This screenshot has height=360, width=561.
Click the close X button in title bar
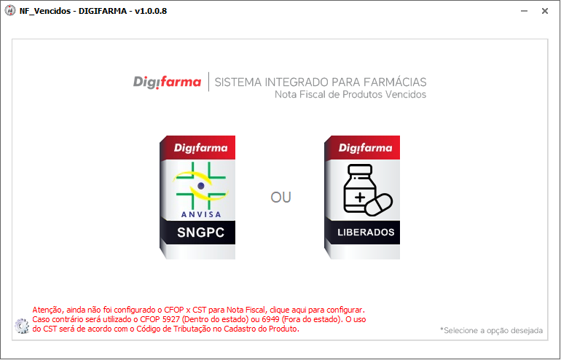click(x=544, y=11)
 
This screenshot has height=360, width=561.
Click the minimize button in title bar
click(x=524, y=11)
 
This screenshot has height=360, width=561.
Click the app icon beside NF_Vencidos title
click(x=10, y=11)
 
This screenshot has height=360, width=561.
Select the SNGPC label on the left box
click(x=200, y=232)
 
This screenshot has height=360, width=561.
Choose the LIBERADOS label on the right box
click(x=366, y=232)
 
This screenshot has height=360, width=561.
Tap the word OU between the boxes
click(x=280, y=197)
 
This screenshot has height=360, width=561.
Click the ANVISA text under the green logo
click(x=201, y=214)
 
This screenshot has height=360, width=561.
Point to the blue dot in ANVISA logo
click(x=200, y=186)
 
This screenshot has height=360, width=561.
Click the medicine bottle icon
click(x=360, y=189)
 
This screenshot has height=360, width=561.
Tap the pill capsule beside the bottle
click(x=380, y=205)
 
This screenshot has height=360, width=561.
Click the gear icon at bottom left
click(x=22, y=326)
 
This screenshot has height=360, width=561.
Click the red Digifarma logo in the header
click(x=167, y=82)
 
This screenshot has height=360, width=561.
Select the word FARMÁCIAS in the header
click(x=395, y=82)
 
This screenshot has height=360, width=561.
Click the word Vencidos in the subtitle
click(x=405, y=95)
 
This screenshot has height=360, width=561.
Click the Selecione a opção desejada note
click(x=491, y=331)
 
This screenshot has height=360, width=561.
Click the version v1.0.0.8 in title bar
click(x=151, y=11)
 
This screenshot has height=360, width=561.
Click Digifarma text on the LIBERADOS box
click(x=365, y=148)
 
